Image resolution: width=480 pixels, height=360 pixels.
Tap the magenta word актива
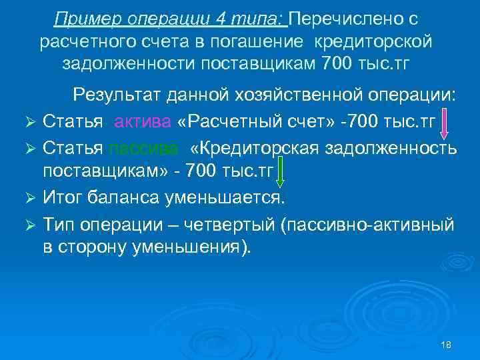[142, 121]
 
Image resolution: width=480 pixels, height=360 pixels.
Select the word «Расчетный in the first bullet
[225, 121]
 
